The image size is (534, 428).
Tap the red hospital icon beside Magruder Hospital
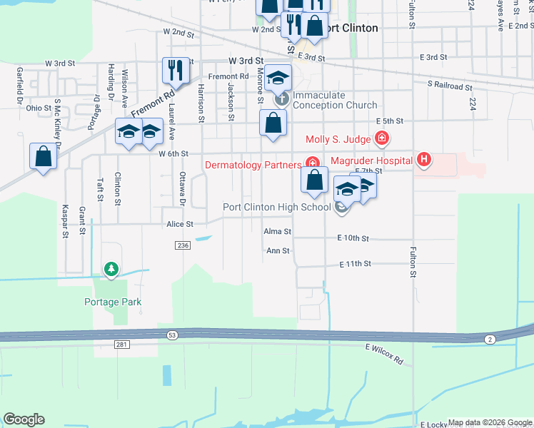pyautogui.click(x=424, y=159)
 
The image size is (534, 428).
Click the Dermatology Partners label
pyautogui.click(x=253, y=165)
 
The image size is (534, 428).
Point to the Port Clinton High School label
pyautogui.click(x=277, y=208)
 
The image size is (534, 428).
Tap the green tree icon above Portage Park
pyautogui.click(x=111, y=269)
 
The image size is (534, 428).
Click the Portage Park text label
pyautogui.click(x=113, y=302)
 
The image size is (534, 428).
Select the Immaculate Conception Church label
pyautogui.click(x=328, y=100)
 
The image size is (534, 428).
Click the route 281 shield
pyautogui.click(x=121, y=345)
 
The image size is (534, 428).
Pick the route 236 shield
pyautogui.click(x=181, y=245)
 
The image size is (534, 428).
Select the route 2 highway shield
pyautogui.click(x=490, y=339)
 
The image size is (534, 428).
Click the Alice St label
pyautogui.click(x=180, y=224)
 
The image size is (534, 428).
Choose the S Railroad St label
pyautogui.click(x=450, y=86)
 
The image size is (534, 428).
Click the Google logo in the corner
pyautogui.click(x=24, y=419)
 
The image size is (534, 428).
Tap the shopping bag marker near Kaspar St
pyautogui.click(x=43, y=156)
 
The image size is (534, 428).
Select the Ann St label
pyautogui.click(x=277, y=251)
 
